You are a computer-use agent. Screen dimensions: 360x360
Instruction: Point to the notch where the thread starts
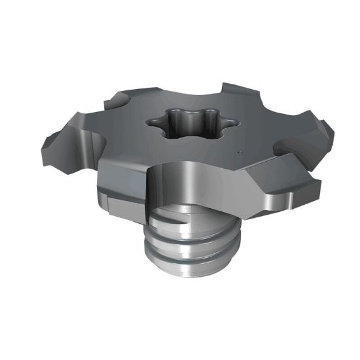click(x=171, y=223)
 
